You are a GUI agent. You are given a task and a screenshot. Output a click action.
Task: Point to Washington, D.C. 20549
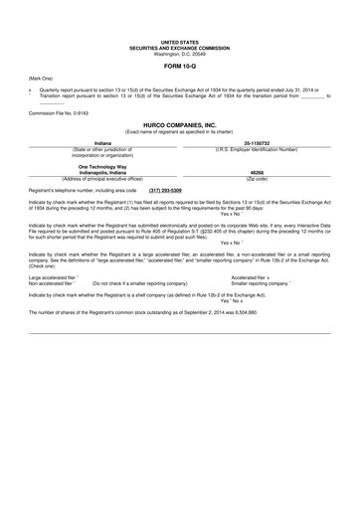tap(179, 55)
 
